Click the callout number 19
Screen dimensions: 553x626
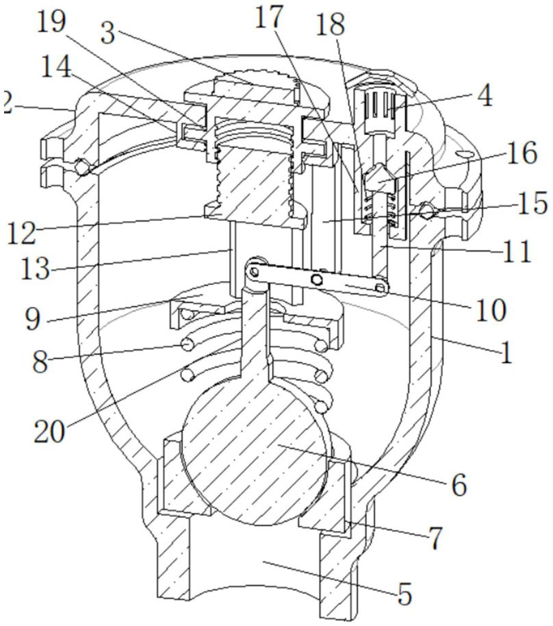(51, 22)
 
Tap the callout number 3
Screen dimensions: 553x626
(107, 33)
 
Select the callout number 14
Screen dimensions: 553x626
(56, 66)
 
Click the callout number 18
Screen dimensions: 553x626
(330, 24)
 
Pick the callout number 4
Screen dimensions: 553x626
(485, 96)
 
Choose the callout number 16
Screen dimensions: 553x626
(522, 153)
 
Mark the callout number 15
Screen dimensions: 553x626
(532, 203)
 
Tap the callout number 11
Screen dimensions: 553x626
(517, 251)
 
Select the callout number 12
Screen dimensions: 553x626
(21, 233)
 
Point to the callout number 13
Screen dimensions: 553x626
(36, 268)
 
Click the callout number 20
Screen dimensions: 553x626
(49, 431)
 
